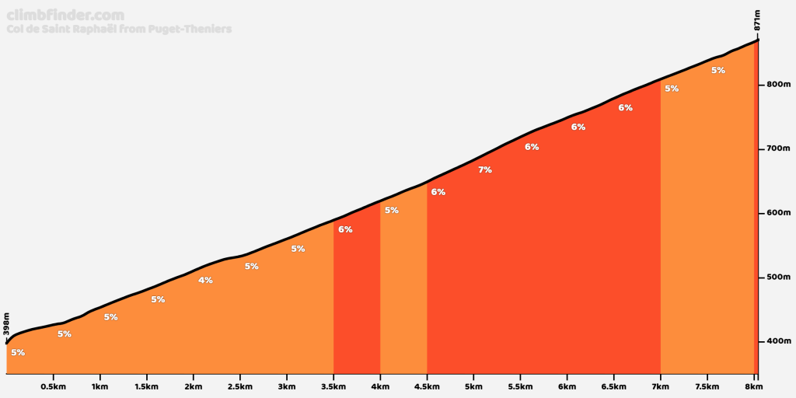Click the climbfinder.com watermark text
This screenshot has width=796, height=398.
pos(64,15)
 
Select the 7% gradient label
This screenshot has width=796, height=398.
pos(485,169)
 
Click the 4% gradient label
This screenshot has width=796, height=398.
pos(205,280)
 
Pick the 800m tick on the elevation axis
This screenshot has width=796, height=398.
pos(777,84)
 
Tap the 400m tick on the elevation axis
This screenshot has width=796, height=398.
pos(777,340)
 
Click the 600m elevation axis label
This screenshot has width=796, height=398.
pos(777,212)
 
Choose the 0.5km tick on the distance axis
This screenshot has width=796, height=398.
pos(53,386)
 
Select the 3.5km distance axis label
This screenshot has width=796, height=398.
pos(333,386)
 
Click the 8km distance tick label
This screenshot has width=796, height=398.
pos(753,386)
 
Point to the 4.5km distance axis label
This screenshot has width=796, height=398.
pos(427,386)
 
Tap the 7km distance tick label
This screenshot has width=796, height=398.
pos(660,386)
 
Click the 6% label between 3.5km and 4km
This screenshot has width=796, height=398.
pos(345,229)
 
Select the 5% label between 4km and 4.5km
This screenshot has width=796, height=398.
pos(392,210)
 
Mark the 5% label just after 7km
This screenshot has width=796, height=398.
pos(672,89)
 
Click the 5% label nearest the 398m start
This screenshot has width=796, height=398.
pos(18,352)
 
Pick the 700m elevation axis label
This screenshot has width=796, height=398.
pos(777,148)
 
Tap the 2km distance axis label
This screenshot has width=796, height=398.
pos(193,386)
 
